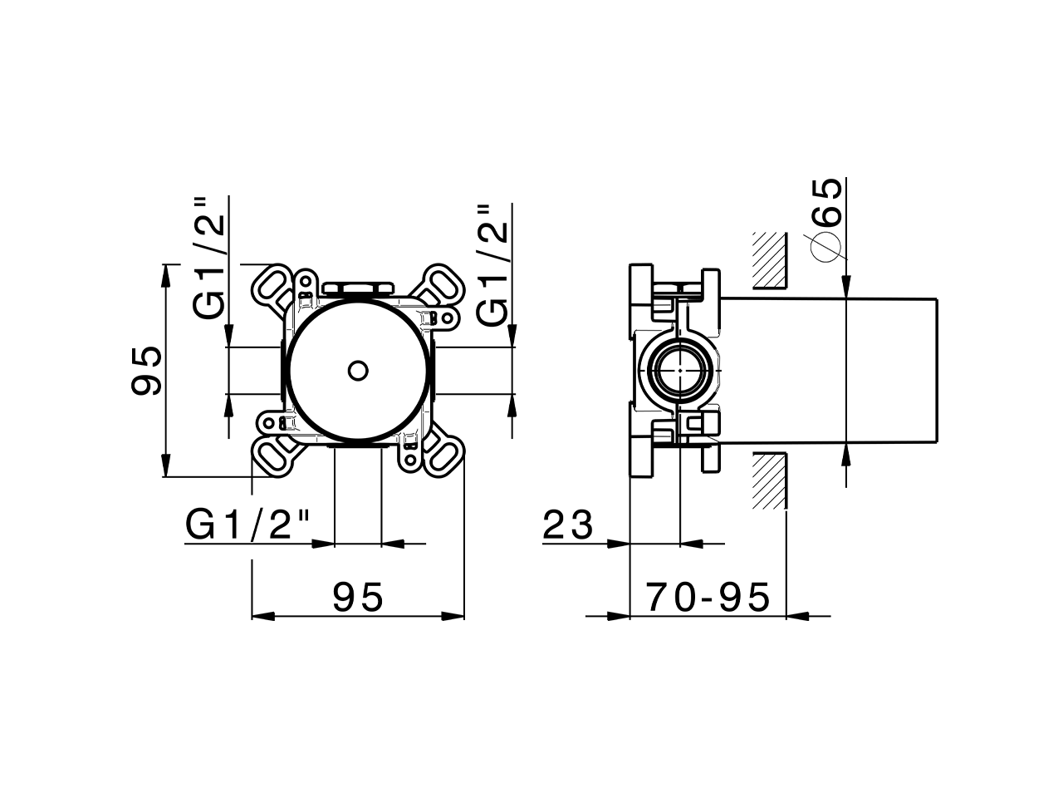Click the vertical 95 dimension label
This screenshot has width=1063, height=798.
tap(146, 371)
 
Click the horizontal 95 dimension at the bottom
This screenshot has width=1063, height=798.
tap(358, 596)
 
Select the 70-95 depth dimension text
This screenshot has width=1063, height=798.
tap(708, 596)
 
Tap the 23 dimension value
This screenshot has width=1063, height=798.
tap(569, 525)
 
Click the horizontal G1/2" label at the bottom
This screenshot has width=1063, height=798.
tap(247, 525)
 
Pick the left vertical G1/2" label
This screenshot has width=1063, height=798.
tap(209, 259)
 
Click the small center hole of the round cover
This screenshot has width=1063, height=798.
tap(359, 370)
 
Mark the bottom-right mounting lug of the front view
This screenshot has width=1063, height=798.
tap(443, 454)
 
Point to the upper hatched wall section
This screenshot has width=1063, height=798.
tap(769, 260)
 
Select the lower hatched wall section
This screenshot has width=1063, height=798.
tap(769, 480)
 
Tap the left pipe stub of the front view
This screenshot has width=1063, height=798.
tap(254, 370)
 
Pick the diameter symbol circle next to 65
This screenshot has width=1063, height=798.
tap(827, 247)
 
